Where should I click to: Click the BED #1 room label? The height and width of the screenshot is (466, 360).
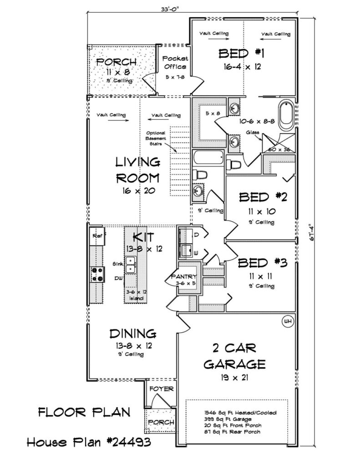pyautogui.click(x=241, y=54)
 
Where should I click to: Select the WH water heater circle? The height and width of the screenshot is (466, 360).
pyautogui.click(x=287, y=321)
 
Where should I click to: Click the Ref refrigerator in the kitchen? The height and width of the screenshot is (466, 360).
pyautogui.click(x=97, y=236)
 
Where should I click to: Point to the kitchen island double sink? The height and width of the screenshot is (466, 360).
pyautogui.click(x=131, y=264)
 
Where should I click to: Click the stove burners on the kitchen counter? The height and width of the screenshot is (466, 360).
pyautogui.click(x=98, y=274)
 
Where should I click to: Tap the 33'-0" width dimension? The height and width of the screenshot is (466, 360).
pyautogui.click(x=170, y=9)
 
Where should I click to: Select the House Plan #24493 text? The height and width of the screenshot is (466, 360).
pyautogui.click(x=89, y=442)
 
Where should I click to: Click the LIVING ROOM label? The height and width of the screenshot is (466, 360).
pyautogui.click(x=138, y=170)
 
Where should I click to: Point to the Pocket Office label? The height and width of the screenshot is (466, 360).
pyautogui.click(x=175, y=63)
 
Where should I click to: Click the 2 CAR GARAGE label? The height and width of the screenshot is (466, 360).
pyautogui.click(x=234, y=356)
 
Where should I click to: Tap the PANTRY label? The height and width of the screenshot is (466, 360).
pyautogui.click(x=184, y=277)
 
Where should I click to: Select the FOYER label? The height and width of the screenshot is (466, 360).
pyautogui.click(x=162, y=389)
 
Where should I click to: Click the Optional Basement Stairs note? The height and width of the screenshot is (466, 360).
pyautogui.click(x=156, y=138)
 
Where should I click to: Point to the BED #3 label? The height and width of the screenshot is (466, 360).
pyautogui.click(x=263, y=263)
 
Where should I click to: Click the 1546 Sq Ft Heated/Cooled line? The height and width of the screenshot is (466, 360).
pyautogui.click(x=240, y=412)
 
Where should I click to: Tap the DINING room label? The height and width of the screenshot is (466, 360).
pyautogui.click(x=133, y=334)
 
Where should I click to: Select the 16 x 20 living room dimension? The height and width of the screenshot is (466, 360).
pyautogui.click(x=138, y=191)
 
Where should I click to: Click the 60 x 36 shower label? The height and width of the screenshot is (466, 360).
pyautogui.click(x=279, y=149)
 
